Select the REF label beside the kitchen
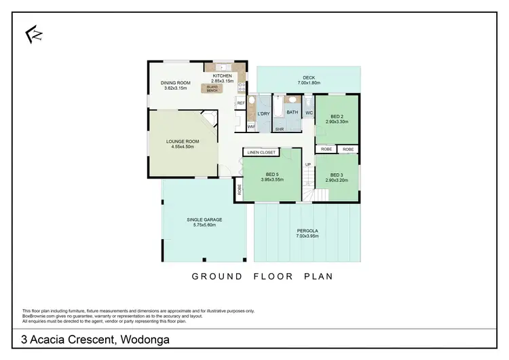[241, 103]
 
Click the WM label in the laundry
[250, 126]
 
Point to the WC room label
[308, 112]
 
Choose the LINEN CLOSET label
[261, 152]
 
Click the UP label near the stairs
[307, 165]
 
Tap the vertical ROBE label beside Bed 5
[240, 191]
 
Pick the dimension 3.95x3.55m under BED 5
[270, 180]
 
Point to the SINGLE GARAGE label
[204, 219]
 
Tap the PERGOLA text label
[307, 231]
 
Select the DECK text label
[308, 77]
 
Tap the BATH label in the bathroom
[293, 112]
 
